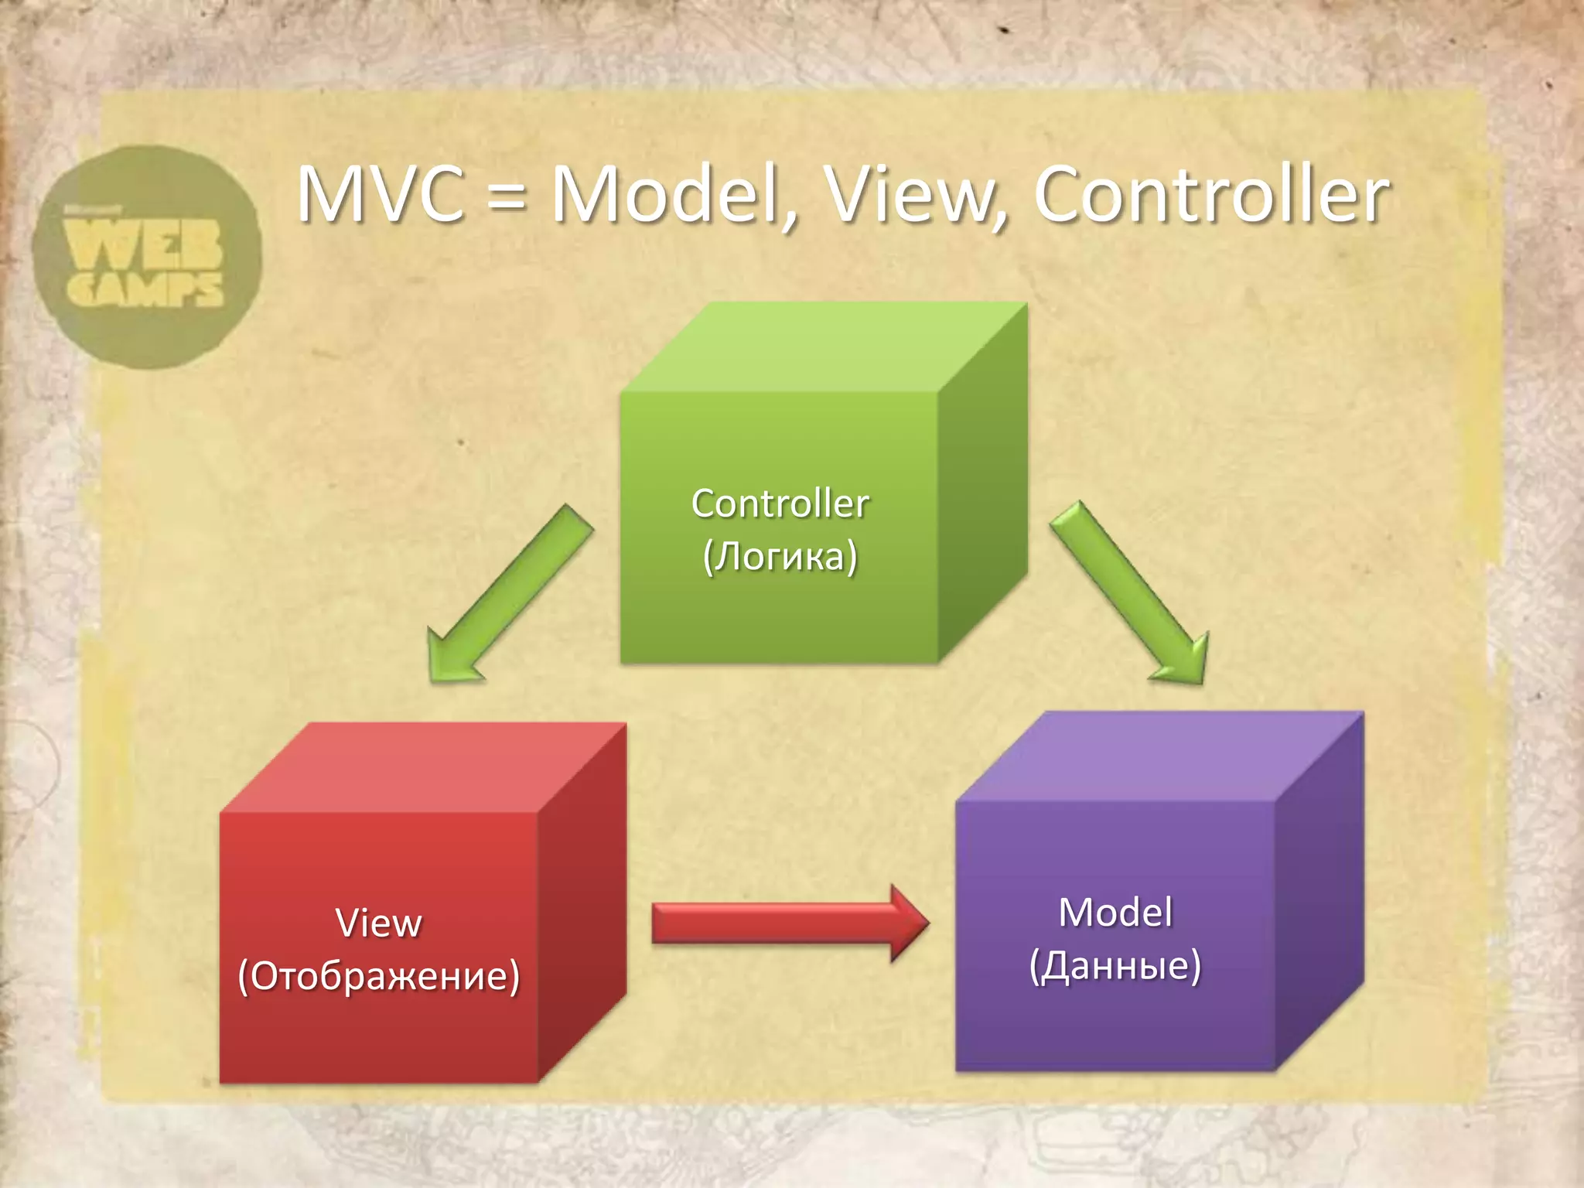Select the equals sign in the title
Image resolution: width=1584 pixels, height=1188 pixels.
(x=507, y=198)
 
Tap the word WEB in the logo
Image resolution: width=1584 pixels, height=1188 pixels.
(x=144, y=243)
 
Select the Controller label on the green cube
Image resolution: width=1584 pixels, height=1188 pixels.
(x=780, y=504)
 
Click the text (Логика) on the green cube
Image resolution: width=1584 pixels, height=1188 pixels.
(x=780, y=556)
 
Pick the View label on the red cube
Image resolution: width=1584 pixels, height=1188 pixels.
(x=379, y=923)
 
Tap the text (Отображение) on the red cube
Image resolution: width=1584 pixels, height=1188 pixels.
(x=379, y=976)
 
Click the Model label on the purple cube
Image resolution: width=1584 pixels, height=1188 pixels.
(x=1115, y=913)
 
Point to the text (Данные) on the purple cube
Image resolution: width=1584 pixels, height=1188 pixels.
(x=1115, y=965)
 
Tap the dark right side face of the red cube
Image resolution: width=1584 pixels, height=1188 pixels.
(x=582, y=901)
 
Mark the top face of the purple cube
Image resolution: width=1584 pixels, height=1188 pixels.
(x=1160, y=756)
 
